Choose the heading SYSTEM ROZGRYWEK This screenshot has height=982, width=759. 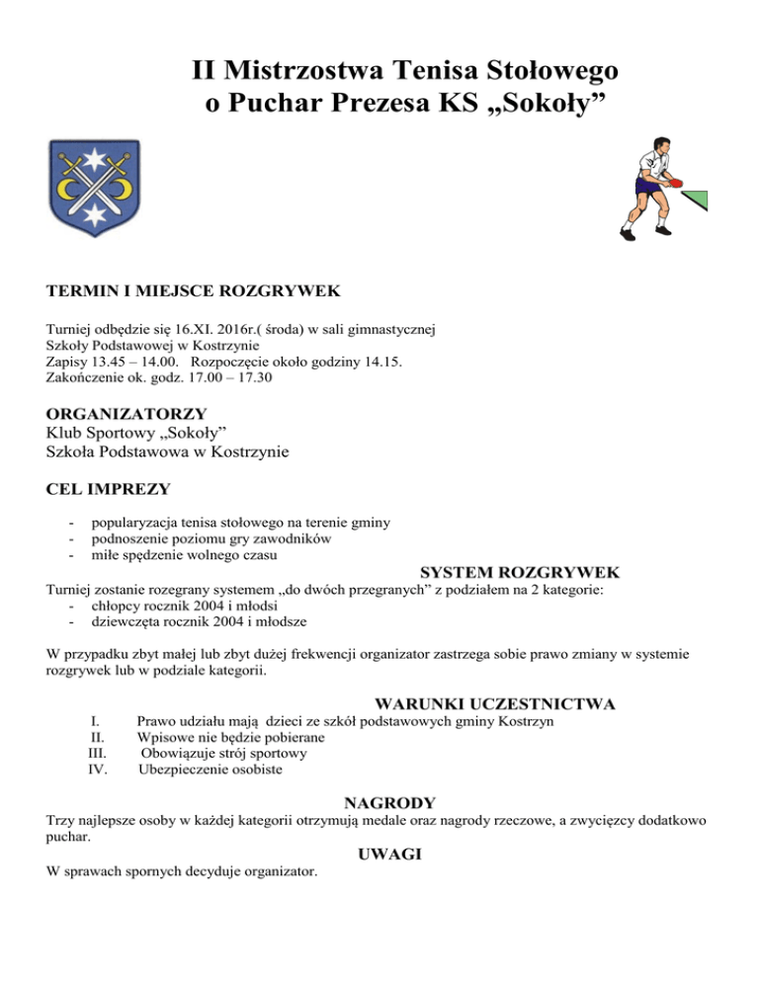click(520, 573)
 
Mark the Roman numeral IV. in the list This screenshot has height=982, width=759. click(98, 770)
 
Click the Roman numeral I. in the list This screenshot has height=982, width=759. click(95, 722)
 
